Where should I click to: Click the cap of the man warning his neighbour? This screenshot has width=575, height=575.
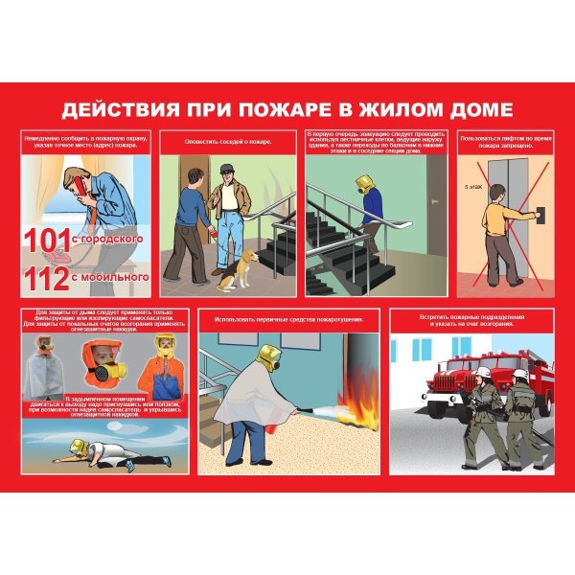tap(226, 170)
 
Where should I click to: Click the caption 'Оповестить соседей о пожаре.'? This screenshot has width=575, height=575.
tap(228, 142)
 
